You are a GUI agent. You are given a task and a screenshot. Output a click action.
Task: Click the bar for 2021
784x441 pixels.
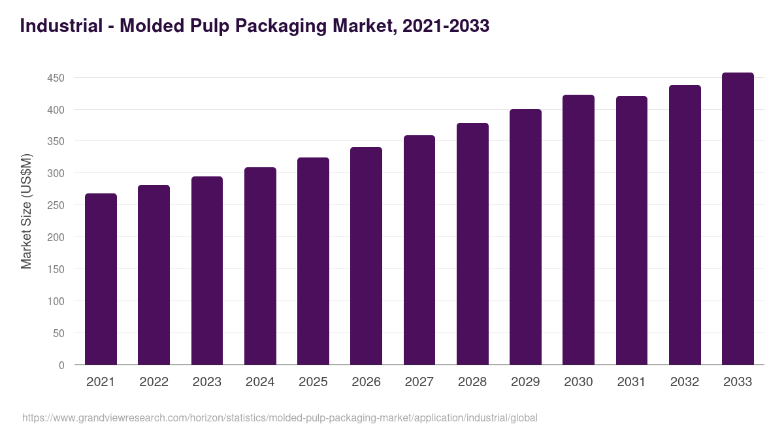click(x=101, y=279)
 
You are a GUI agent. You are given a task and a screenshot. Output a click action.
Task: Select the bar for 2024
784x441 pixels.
click(x=260, y=266)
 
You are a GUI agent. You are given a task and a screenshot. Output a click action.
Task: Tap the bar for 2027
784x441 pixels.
click(x=419, y=250)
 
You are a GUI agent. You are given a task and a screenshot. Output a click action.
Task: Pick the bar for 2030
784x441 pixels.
click(x=578, y=230)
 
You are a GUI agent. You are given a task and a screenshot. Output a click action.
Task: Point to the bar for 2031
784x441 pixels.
click(x=632, y=231)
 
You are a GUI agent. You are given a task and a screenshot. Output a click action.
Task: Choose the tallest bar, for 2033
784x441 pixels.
click(x=738, y=219)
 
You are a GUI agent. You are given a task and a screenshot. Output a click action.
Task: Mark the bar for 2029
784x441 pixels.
click(x=525, y=237)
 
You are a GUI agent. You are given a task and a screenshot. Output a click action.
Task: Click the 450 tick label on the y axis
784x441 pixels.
click(x=56, y=78)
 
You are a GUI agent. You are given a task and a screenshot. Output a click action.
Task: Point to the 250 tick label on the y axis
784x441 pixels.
click(x=56, y=206)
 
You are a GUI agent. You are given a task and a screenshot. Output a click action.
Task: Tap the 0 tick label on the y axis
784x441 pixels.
click(x=61, y=366)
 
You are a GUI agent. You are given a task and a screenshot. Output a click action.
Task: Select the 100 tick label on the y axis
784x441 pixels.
click(x=56, y=302)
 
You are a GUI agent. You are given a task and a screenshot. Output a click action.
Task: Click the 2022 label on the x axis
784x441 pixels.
click(x=154, y=382)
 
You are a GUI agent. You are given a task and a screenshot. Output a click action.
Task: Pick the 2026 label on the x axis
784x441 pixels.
click(x=366, y=382)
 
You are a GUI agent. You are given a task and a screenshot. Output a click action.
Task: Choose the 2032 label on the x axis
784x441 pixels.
click(x=685, y=382)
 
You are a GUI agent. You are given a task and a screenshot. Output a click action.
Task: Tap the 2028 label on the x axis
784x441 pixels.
click(x=472, y=382)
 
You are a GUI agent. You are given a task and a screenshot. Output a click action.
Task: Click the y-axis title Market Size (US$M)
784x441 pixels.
click(x=26, y=211)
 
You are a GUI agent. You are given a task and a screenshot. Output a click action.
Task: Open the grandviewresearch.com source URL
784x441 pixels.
click(x=280, y=418)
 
